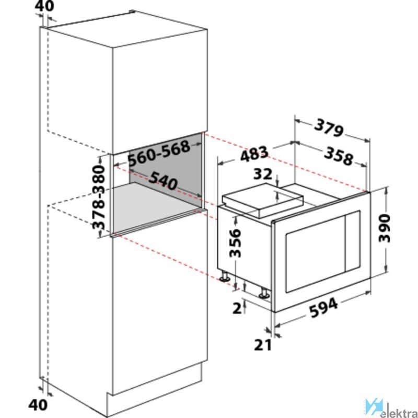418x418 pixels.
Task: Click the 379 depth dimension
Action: tap(328, 129)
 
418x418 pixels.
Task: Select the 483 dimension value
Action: tap(254, 154)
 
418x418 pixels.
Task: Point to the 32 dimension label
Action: tap(263, 174)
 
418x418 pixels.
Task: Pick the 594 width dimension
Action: tap(324, 308)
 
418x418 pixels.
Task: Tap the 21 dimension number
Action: tap(263, 345)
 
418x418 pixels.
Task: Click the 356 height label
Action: tap(235, 243)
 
